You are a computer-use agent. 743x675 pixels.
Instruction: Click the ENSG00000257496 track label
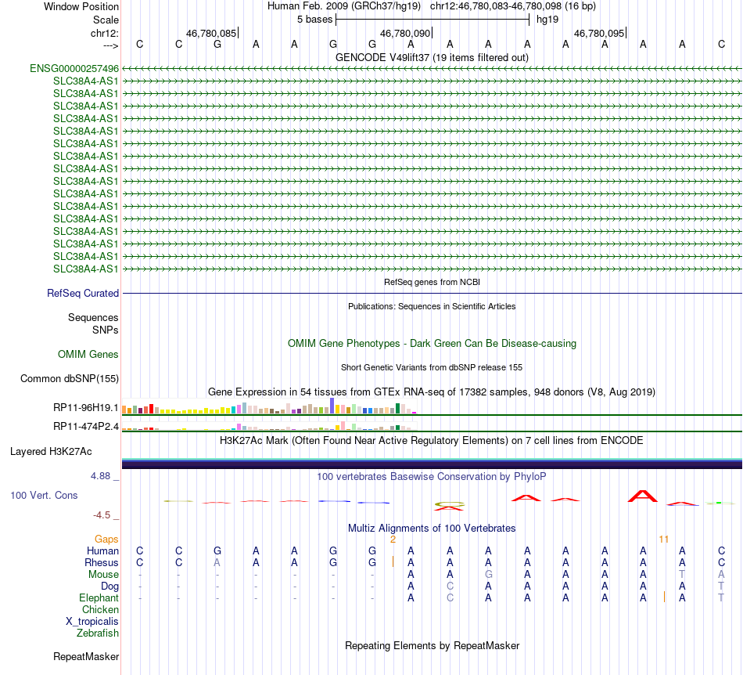(x=74, y=68)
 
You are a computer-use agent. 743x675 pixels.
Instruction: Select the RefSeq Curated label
(x=83, y=294)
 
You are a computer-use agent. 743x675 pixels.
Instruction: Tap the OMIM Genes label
(x=88, y=355)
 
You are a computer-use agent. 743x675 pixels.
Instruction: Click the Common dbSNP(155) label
(x=69, y=379)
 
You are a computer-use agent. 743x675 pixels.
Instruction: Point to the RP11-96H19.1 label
(x=86, y=408)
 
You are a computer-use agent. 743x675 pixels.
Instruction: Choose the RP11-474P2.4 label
(x=86, y=427)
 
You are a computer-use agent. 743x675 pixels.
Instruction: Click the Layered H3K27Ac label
(x=51, y=452)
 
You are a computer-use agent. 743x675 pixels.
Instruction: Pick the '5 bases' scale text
(x=314, y=20)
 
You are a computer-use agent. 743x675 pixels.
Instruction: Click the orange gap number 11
(x=664, y=540)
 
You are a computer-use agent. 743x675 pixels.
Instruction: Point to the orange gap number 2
(x=393, y=540)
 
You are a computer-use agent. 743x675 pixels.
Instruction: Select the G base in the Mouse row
(x=488, y=574)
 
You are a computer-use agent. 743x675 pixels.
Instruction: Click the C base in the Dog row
(x=450, y=586)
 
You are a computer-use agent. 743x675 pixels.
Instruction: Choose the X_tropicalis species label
(x=92, y=621)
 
